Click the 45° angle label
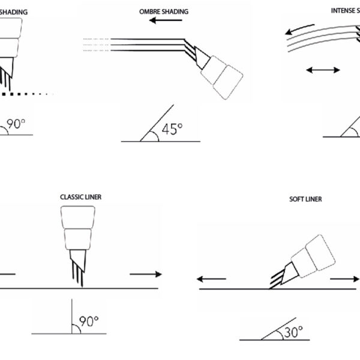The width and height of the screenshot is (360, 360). click(170, 129)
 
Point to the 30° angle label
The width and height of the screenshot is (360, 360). click(293, 331)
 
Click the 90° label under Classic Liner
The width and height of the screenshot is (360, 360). click(89, 322)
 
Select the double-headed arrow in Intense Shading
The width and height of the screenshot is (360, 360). click(322, 71)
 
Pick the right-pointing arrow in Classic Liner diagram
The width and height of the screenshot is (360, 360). click(145, 274)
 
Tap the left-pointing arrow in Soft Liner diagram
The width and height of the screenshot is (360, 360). click(212, 279)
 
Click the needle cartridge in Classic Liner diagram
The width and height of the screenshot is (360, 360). click(79, 231)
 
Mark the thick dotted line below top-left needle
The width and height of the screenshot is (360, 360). click(27, 94)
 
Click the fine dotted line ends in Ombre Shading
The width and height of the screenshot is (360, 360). click(96, 44)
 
